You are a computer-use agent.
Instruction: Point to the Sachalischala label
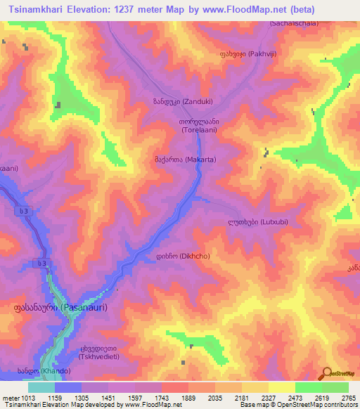(x=293, y=23)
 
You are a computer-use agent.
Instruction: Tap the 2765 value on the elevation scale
(x=349, y=397)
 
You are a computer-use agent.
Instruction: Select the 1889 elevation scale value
(x=188, y=397)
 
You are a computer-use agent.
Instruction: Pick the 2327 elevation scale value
(x=268, y=397)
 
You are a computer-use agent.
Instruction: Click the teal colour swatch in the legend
(x=41, y=387)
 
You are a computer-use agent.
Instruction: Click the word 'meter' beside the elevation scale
(x=9, y=397)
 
